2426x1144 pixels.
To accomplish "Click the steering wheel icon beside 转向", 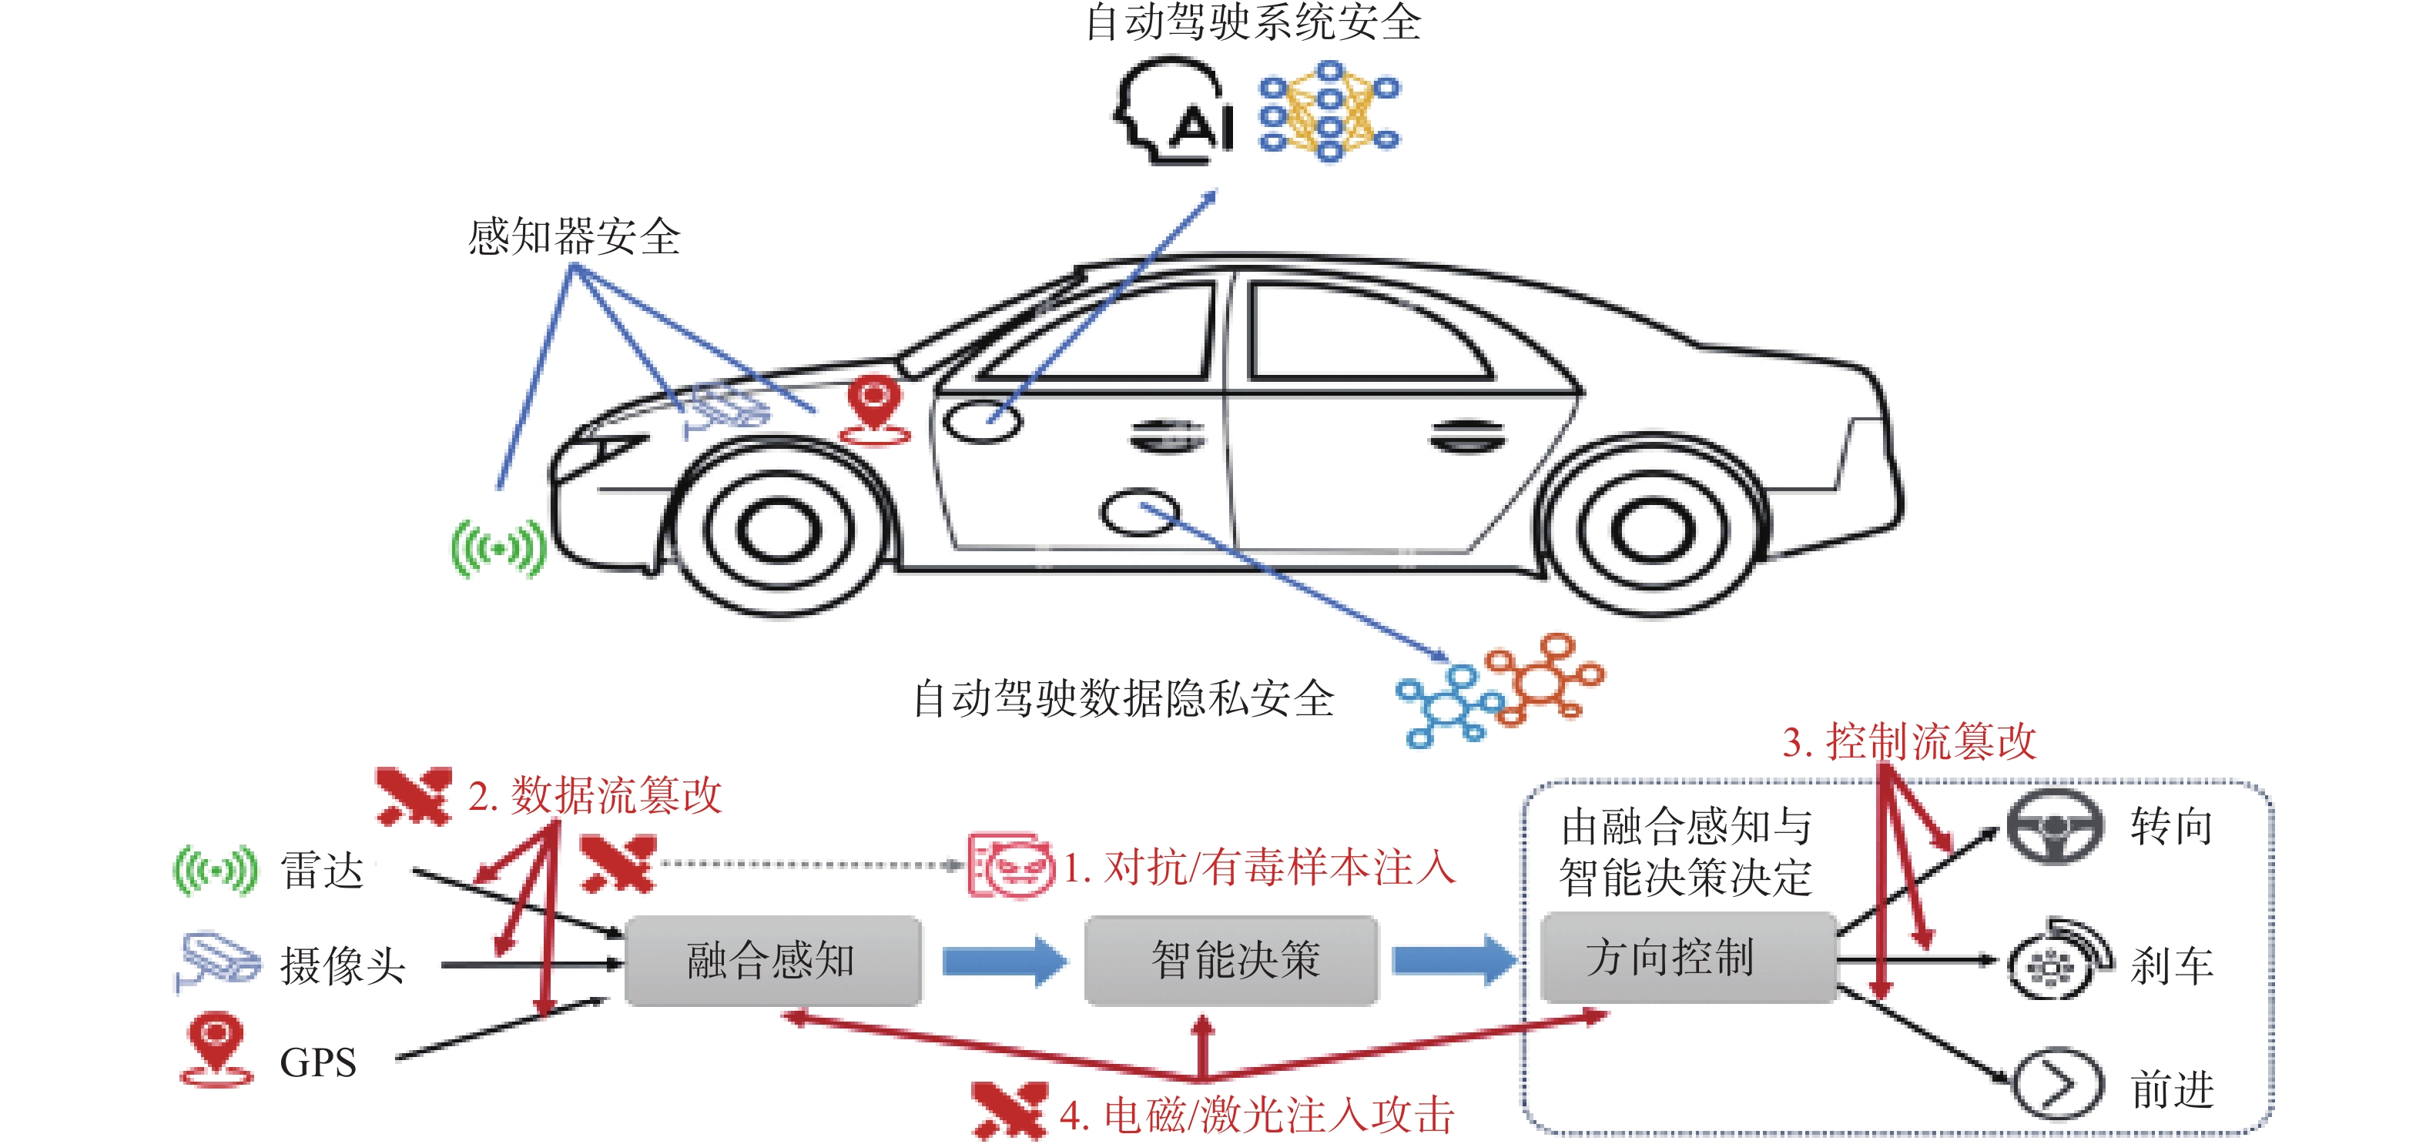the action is pyautogui.click(x=2054, y=827).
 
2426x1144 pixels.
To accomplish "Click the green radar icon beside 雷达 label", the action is pyautogui.click(x=215, y=870).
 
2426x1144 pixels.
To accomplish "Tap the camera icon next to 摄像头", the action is pyautogui.click(x=216, y=962).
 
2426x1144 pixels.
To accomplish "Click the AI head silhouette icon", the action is pyautogui.click(x=1172, y=111).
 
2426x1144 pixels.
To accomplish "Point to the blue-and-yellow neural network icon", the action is pyautogui.click(x=1329, y=111).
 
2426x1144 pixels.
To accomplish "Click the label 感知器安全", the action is pyautogui.click(x=574, y=236).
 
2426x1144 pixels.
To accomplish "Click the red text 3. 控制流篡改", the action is pyautogui.click(x=1909, y=741).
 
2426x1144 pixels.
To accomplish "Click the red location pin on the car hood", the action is pyautogui.click(x=874, y=410).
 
